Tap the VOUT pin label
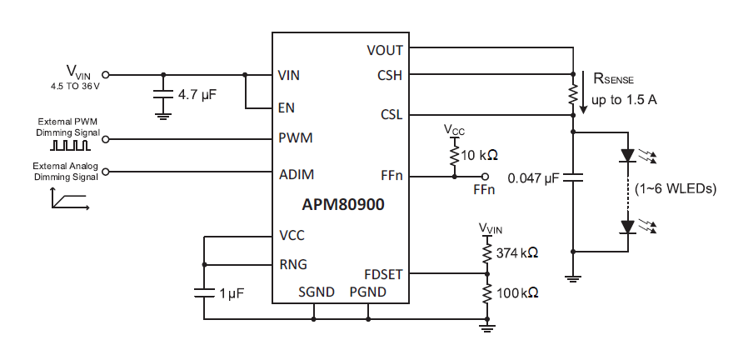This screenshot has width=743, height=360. coord(384,50)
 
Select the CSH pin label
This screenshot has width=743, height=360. coord(389,75)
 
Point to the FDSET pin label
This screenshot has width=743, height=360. coord(383,273)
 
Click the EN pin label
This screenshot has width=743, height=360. coord(287,108)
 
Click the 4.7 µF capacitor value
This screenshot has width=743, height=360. coord(197,95)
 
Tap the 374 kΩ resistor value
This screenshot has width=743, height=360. coord(516,252)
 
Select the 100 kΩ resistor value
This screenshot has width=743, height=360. coord(516,293)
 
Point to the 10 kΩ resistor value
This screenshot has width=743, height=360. coord(480,156)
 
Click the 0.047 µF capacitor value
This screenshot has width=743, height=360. coord(534,177)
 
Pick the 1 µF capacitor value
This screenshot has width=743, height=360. coord(232,293)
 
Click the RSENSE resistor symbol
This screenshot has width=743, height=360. coord(573,94)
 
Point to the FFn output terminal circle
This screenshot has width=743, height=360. coord(486,177)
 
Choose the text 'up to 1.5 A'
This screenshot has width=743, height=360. coord(624,100)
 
